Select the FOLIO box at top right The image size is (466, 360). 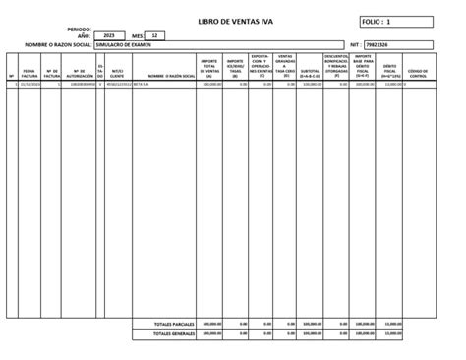pos(396,20)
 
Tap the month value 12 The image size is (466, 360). pos(153,35)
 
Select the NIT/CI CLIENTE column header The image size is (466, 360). pos(117,72)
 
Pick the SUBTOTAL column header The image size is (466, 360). pos(310,72)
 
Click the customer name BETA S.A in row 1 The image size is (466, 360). pos(141,85)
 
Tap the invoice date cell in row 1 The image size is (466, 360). pos(29,85)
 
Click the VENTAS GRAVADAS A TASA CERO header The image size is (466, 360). pos(285,65)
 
